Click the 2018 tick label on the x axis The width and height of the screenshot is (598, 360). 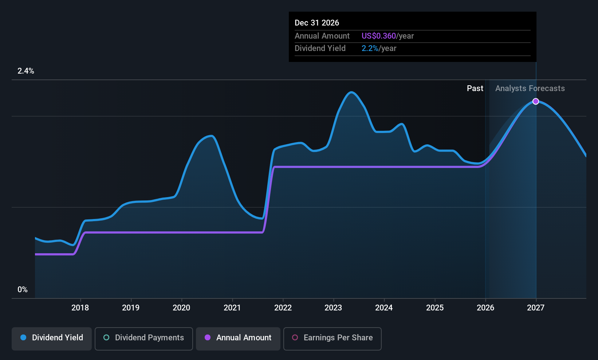pos(80,308)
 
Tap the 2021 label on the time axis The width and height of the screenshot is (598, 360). pos(232,308)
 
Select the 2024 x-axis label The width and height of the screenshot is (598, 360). pos(384,308)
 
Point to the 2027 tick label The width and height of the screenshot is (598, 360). pos(535,308)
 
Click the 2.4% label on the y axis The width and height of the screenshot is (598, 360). pos(25,71)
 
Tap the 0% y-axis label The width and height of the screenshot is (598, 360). pos(23,290)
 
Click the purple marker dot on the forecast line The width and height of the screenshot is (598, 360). pos(535,102)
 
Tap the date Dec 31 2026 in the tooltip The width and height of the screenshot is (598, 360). pos(316,23)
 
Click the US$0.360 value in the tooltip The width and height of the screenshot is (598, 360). pos(378,36)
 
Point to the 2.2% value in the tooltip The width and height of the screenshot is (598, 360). pos(370,48)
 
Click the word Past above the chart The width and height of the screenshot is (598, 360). pos(475,89)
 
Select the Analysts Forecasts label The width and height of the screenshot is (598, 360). pos(530,89)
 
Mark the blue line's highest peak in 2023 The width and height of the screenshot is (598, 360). pos(351,93)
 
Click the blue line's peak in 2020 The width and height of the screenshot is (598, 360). pos(212,136)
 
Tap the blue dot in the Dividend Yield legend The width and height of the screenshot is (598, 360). pos(24,337)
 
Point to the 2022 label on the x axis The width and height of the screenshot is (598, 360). pos(283,308)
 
